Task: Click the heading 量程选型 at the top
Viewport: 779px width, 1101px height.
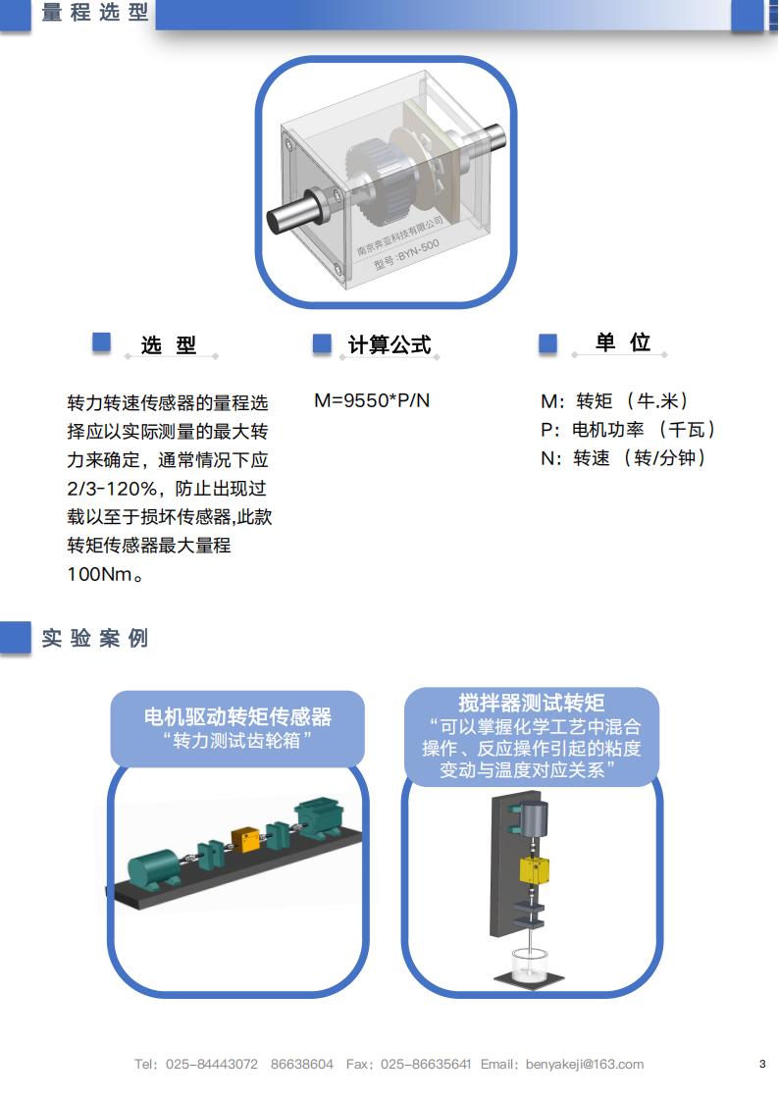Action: [95, 12]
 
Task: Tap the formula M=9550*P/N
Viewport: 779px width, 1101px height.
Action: [372, 400]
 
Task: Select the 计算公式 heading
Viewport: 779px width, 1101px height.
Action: [389, 344]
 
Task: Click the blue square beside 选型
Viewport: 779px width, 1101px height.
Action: [102, 341]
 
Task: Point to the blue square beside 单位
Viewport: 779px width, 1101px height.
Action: [547, 343]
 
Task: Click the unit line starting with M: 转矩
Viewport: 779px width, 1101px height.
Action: [615, 401]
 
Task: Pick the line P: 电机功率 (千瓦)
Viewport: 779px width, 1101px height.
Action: [628, 429]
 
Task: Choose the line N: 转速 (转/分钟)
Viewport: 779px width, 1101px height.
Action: [623, 458]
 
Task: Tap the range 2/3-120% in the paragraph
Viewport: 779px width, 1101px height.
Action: [112, 488]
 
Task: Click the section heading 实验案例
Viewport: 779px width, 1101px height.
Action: [95, 638]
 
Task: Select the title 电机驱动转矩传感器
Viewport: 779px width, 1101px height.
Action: [237, 716]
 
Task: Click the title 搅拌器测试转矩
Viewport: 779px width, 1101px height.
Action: [531, 703]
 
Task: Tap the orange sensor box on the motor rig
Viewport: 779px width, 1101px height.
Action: [246, 839]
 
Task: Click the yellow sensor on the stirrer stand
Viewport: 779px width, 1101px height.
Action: [534, 870]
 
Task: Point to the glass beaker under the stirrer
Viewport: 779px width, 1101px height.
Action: [529, 964]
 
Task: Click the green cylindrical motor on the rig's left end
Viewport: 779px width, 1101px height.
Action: [154, 870]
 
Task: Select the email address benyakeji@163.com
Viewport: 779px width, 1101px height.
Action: [585, 1064]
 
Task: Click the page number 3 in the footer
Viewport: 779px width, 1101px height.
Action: [762, 1064]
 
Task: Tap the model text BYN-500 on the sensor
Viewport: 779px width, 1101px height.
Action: [418, 250]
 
